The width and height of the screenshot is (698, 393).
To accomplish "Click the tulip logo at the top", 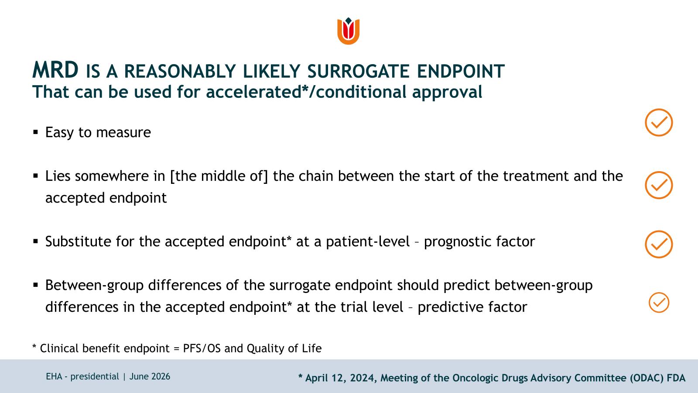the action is (349, 31).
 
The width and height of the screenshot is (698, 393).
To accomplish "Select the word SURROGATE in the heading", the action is (358, 71).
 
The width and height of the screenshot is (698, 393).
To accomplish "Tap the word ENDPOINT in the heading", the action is (461, 71).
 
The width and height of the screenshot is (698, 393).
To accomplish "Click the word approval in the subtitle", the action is (447, 92).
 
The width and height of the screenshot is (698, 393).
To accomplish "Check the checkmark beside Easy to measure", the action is (659, 122).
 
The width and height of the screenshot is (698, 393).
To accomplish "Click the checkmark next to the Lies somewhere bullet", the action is (659, 185).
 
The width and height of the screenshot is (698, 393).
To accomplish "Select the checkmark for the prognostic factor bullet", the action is (659, 244).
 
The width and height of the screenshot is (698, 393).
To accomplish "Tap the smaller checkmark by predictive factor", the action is (659, 302).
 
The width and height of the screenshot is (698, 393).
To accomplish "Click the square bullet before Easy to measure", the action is (35, 132).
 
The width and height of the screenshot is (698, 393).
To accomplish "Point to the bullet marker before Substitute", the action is (35, 241).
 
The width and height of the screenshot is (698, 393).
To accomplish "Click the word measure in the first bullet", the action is (123, 133).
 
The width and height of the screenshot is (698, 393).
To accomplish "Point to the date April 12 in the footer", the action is (326, 378).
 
